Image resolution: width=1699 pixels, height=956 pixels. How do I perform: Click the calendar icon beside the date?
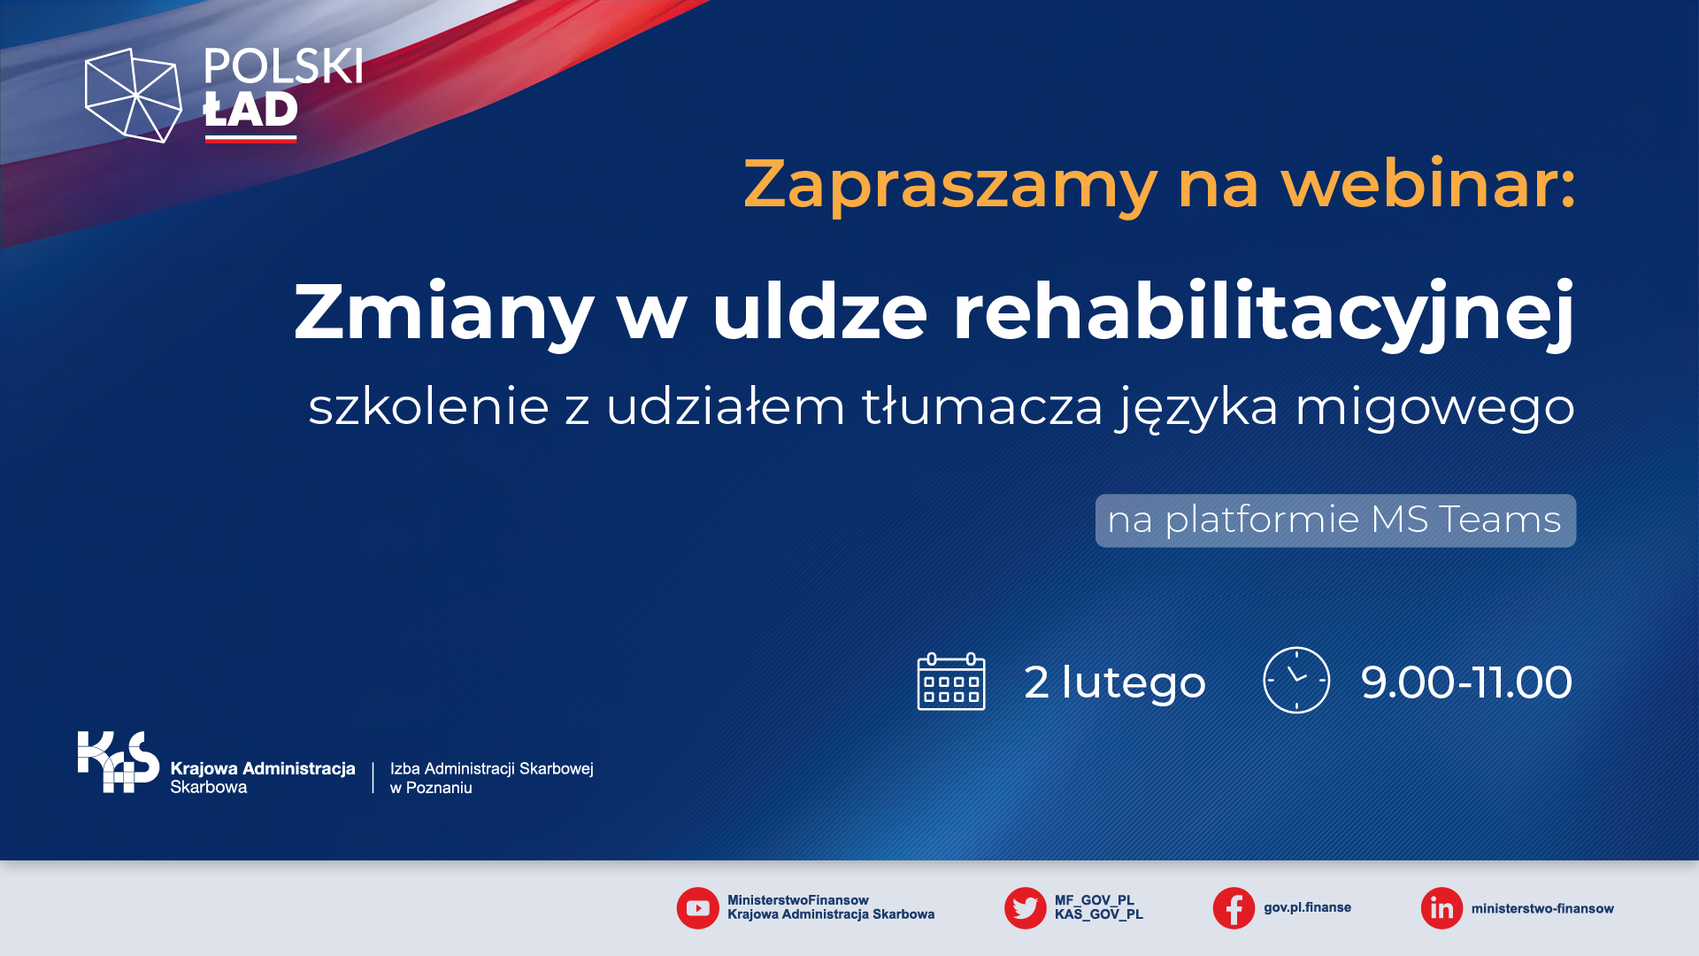(x=951, y=682)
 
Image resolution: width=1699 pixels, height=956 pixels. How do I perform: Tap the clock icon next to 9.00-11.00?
(x=1296, y=680)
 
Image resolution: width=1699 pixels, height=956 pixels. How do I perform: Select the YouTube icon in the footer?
(x=698, y=908)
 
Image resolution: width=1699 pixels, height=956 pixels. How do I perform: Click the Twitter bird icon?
(x=1026, y=908)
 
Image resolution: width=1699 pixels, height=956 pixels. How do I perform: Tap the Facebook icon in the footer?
(x=1234, y=908)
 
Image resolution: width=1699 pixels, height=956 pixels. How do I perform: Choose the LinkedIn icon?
(x=1441, y=908)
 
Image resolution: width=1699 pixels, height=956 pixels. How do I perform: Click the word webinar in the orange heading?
(x=1428, y=183)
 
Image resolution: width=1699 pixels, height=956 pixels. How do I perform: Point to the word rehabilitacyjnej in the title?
(x=1264, y=312)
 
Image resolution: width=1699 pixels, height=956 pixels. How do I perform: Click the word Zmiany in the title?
(x=444, y=312)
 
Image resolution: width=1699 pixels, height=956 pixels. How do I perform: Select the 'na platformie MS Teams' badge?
(x=1335, y=520)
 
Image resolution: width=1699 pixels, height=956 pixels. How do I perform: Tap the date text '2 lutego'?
(x=1115, y=682)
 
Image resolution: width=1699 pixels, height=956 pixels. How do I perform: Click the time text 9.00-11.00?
(x=1466, y=682)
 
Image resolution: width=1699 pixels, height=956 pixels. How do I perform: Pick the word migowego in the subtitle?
(x=1434, y=407)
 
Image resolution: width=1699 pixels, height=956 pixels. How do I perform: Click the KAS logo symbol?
(x=119, y=761)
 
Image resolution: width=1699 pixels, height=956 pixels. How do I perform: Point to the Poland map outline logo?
(x=133, y=96)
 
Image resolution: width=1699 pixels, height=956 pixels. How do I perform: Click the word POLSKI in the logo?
(x=283, y=66)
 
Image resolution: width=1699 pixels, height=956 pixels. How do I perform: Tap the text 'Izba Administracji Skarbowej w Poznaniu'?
(x=492, y=778)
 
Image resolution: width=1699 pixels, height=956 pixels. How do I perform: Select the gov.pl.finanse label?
(x=1307, y=908)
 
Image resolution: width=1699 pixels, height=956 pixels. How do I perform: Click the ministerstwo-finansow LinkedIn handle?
(x=1542, y=908)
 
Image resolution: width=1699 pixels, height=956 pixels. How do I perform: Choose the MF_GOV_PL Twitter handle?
(x=1094, y=900)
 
